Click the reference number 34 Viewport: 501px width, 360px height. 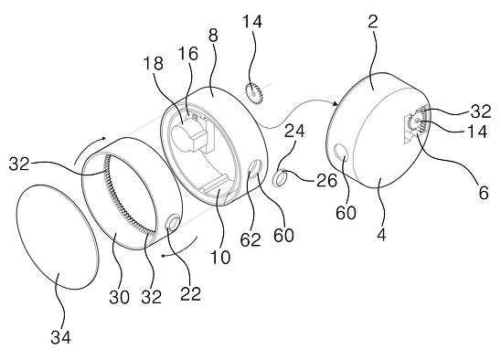pos(60,337)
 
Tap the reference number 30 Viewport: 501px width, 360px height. pos(120,297)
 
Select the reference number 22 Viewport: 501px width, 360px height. pos(190,294)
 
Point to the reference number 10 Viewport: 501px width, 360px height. pos(220,257)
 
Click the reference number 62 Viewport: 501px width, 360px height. pos(250,239)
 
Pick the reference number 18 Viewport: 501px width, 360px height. pos(154,63)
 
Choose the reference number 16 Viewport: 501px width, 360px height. pos(188,54)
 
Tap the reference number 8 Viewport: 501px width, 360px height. pos(213,36)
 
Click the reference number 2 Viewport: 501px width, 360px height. pos(373,21)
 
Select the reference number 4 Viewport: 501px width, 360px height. pos(381,235)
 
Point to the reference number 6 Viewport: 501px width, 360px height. pos(484,193)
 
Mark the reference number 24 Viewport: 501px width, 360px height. pos(294,131)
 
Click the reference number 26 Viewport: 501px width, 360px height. pos(327,181)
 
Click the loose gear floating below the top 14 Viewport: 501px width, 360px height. pos(254,93)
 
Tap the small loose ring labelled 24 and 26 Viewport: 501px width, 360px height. pos(279,177)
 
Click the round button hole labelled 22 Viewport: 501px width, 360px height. pos(172,223)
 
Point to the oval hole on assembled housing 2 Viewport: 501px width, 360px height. pos(342,152)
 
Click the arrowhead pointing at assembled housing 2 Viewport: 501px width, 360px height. pos(335,103)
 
